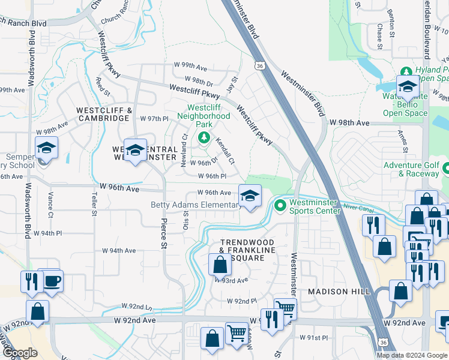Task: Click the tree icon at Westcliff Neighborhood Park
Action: pos(204,138)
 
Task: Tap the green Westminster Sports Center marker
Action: pos(280,206)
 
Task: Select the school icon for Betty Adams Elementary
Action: pos(250,196)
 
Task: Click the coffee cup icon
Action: pos(52,280)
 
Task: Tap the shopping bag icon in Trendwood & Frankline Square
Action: pos(220,264)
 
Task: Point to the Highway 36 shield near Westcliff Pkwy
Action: pos(259,65)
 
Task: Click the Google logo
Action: pos(20,353)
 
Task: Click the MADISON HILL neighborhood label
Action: pos(336,292)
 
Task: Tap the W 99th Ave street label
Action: pos(190,65)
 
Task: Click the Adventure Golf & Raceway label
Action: pos(411,169)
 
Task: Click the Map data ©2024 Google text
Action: pos(412,355)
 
